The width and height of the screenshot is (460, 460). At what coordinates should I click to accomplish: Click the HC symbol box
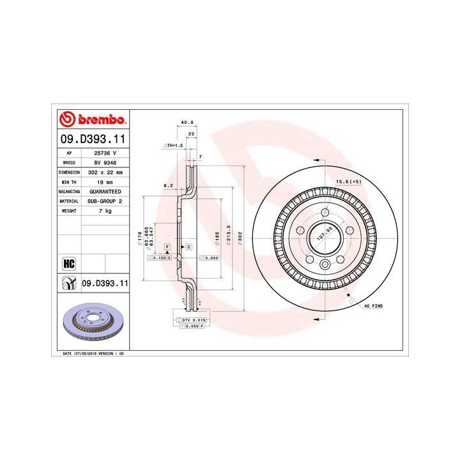[x=69, y=262]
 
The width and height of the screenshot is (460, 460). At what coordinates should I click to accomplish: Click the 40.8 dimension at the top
[x=187, y=123]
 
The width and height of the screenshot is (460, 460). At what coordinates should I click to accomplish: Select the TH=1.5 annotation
[x=174, y=146]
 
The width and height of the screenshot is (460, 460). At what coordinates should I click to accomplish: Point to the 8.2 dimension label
[x=168, y=186]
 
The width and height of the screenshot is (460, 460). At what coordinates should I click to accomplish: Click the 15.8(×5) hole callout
[x=348, y=182]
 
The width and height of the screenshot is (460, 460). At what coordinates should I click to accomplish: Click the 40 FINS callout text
[x=372, y=307]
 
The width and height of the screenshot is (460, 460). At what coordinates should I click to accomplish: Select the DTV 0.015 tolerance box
[x=191, y=319]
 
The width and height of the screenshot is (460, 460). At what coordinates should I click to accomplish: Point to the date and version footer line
[x=93, y=353]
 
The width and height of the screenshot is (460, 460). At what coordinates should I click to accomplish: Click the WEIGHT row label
[x=69, y=210]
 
